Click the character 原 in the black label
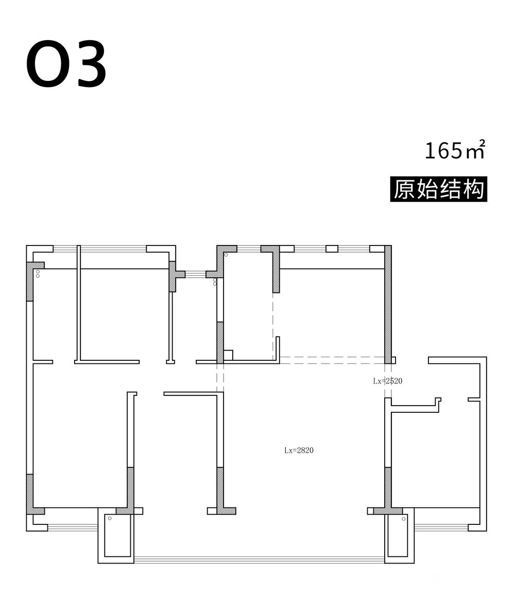(x=405, y=189)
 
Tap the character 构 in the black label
(x=473, y=189)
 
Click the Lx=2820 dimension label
(x=299, y=450)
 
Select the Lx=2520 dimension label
(x=388, y=381)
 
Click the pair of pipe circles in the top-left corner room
(x=38, y=274)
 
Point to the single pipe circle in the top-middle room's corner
(x=226, y=255)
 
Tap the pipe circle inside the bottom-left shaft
(x=110, y=518)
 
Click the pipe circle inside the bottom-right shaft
(x=403, y=519)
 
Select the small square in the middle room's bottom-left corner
(x=228, y=355)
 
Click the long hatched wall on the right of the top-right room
(x=388, y=304)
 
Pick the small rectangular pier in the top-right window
(x=332, y=249)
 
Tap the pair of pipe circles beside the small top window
(x=215, y=282)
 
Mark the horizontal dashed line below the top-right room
(x=332, y=357)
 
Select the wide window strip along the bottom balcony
(x=260, y=560)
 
